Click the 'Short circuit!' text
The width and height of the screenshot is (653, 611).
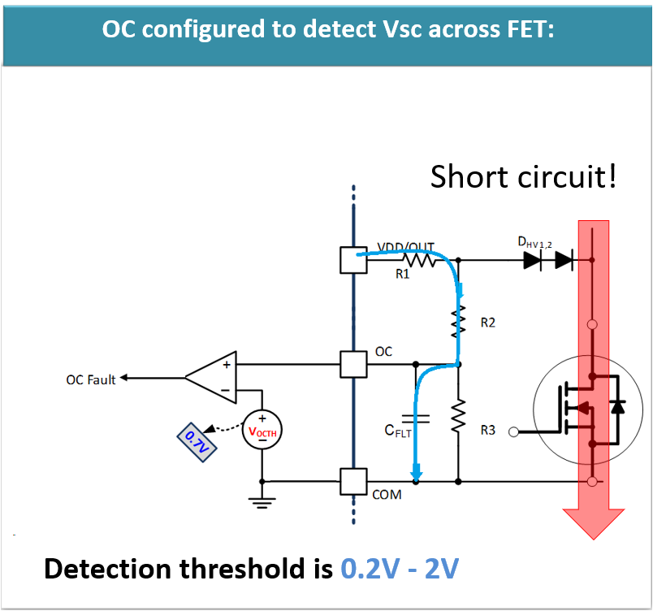[523, 176]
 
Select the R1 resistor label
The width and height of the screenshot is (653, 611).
[402, 275]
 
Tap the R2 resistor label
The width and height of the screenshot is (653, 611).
[487, 323]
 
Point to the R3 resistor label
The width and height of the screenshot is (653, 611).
[487, 430]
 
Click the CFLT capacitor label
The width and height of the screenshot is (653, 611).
[399, 431]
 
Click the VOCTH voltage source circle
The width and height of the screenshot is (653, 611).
[262, 431]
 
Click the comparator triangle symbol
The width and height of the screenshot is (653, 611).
[213, 378]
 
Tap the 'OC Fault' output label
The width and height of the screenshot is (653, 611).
[90, 379]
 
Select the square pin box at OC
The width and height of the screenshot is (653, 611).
[354, 365]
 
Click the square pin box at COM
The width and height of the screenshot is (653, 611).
[354, 481]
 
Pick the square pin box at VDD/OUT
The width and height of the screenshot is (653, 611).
[354, 260]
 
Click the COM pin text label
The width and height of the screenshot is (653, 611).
[387, 494]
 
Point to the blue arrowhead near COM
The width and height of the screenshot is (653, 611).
[417, 471]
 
